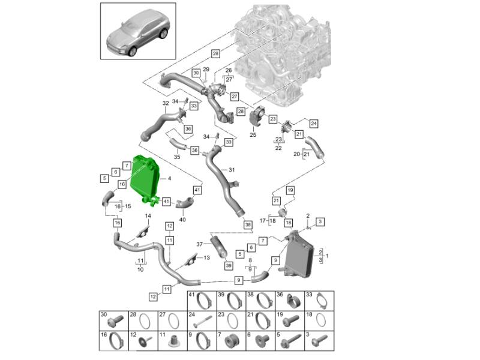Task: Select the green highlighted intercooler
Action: coord(146,179)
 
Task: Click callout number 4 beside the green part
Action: coord(169,178)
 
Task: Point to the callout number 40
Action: coord(182,219)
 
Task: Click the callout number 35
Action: coord(176,157)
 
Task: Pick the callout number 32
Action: coord(166,104)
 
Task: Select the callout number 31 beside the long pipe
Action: coord(233,170)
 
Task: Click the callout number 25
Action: coord(253,136)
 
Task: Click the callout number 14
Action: coord(147,215)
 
